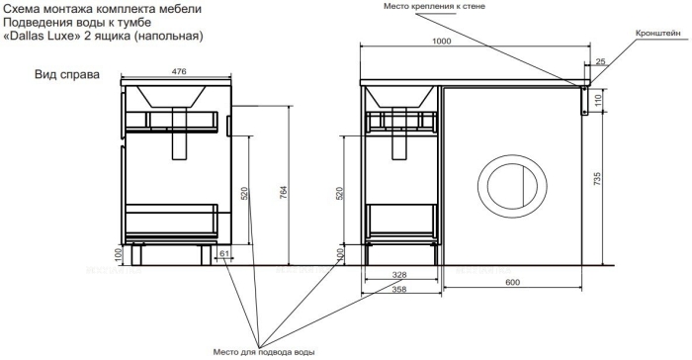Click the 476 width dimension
pyautogui.click(x=179, y=70)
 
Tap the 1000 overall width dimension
pyautogui.click(x=441, y=42)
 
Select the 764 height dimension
pyautogui.click(x=284, y=193)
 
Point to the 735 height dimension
pyautogui.click(x=597, y=179)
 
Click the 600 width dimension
pyautogui.click(x=512, y=282)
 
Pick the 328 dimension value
pyautogui.click(x=399, y=275)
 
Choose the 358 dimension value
pyautogui.click(x=399, y=290)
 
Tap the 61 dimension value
pyautogui.click(x=224, y=253)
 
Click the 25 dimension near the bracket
pyautogui.click(x=601, y=62)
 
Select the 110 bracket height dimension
pyautogui.click(x=598, y=101)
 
